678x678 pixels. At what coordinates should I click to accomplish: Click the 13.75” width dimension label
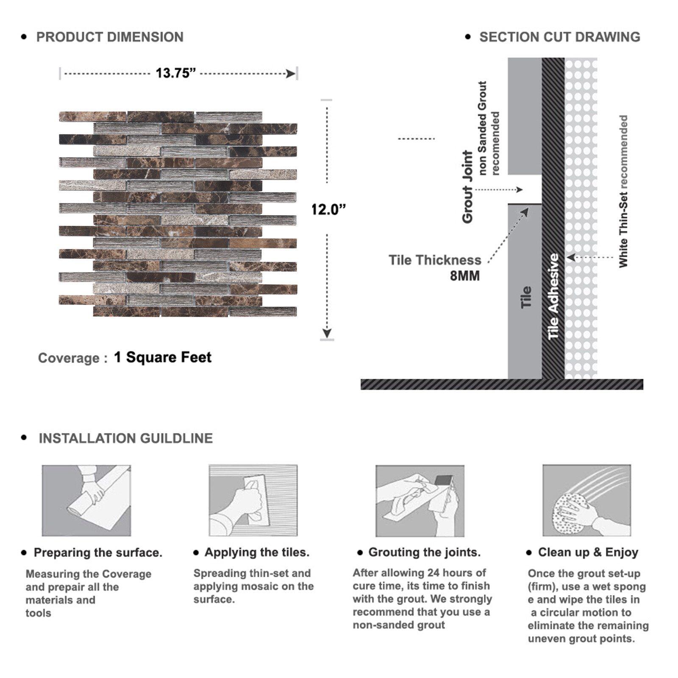[x=175, y=73]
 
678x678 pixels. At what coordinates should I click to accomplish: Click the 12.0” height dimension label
[x=328, y=209]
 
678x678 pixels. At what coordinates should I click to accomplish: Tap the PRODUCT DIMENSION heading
[x=110, y=37]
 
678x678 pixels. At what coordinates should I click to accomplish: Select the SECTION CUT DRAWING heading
[x=559, y=37]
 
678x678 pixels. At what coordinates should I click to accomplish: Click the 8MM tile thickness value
[x=464, y=276]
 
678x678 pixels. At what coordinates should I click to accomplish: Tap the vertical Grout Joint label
[x=467, y=186]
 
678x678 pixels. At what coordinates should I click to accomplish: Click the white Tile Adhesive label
[x=553, y=297]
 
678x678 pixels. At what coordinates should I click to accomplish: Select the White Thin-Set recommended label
[x=623, y=191]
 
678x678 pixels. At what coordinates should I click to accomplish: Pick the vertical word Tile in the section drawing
[x=525, y=297]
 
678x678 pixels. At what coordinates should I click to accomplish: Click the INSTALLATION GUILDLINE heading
[x=125, y=438]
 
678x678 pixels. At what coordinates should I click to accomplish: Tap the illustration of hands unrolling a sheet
[x=86, y=500]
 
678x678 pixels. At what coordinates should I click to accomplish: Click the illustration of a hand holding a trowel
[x=253, y=500]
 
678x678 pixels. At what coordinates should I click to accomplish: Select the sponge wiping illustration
[x=586, y=500]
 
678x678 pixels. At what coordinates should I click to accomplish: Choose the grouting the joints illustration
[x=420, y=500]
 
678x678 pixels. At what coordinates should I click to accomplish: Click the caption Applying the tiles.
[x=257, y=552]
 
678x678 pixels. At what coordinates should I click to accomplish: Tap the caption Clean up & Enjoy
[x=588, y=552]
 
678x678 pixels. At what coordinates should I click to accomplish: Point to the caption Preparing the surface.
[x=98, y=553]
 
